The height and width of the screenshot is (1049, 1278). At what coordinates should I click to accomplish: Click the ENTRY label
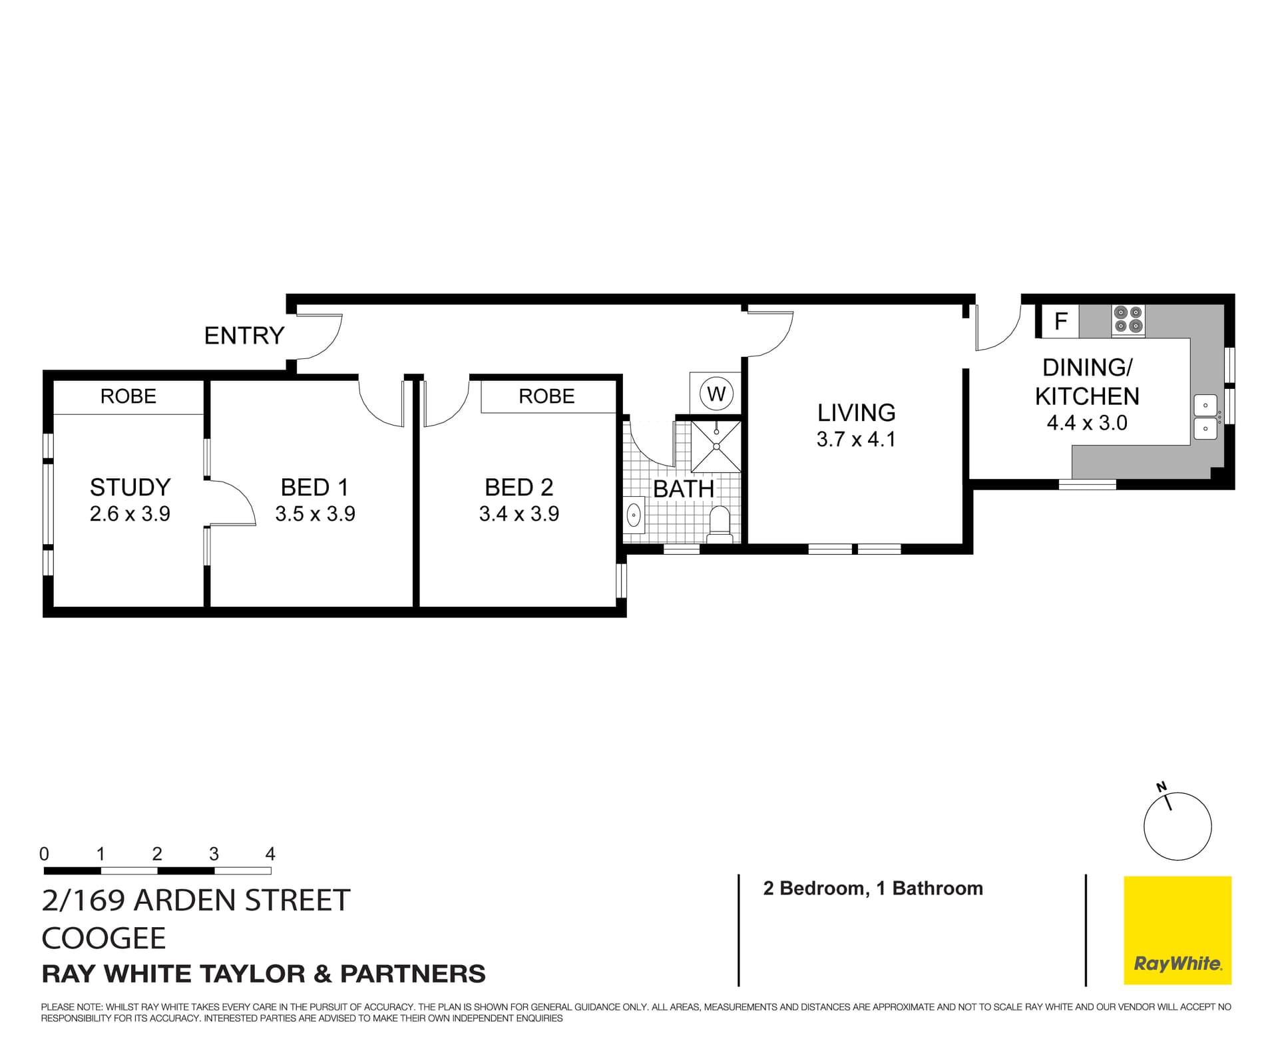244,336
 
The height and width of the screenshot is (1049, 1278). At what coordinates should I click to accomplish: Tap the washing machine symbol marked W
716,394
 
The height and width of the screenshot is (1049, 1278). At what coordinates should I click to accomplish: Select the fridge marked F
1061,322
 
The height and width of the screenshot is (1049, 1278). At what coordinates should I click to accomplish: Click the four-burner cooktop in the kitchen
1128,320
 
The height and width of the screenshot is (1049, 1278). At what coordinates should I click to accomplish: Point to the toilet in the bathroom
720,523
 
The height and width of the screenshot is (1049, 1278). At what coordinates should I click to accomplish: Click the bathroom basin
634,515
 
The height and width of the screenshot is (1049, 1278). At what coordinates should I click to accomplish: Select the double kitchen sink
1205,418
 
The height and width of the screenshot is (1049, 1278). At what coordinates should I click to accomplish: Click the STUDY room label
130,488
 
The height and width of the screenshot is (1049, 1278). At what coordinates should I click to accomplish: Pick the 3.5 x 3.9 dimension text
315,514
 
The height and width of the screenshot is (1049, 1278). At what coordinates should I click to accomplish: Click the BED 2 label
519,488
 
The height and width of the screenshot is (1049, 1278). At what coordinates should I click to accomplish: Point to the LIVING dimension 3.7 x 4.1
856,440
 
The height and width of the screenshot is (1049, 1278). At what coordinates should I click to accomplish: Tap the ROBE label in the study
128,396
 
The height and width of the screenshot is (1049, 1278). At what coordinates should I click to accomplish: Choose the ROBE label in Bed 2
546,396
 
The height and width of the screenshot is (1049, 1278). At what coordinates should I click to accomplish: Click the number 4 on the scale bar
270,854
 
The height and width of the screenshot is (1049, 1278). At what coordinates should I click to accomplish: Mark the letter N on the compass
1162,787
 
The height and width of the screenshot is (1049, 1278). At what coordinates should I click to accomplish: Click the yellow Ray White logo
1177,930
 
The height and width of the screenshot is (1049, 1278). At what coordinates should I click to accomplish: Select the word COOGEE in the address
104,938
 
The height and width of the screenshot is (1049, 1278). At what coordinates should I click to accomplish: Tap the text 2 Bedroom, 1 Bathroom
873,888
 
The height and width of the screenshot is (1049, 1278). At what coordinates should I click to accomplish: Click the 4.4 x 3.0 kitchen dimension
1087,423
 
